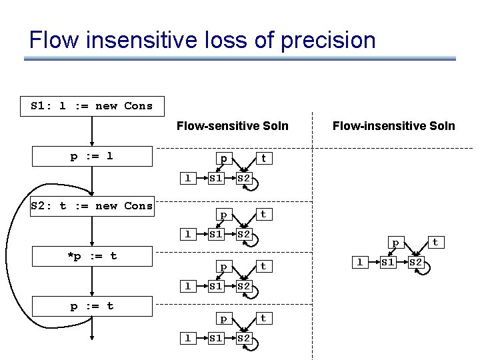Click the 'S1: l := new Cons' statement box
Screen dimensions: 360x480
92,106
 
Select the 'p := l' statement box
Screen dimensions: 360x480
92,157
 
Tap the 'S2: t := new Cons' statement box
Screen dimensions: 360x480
92,206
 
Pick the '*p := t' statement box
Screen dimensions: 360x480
92,256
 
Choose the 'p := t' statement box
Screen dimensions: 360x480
92,306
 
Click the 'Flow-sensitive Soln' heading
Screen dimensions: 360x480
232,125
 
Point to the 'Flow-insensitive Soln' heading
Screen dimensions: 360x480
393,125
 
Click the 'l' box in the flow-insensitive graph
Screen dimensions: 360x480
359,262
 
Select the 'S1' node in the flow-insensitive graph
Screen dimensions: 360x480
387,262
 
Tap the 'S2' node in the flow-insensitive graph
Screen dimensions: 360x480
416,262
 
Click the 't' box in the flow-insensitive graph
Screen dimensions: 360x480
435,243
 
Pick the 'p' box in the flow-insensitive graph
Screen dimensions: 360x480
395,243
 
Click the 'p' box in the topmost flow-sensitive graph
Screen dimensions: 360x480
224,159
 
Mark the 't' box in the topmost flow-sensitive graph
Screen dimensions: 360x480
263,159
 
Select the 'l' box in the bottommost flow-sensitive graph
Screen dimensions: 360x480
188,338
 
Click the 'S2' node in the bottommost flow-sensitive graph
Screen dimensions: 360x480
244,338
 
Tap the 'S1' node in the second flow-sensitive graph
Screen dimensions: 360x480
215,234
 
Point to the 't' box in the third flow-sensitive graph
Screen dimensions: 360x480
263,266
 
